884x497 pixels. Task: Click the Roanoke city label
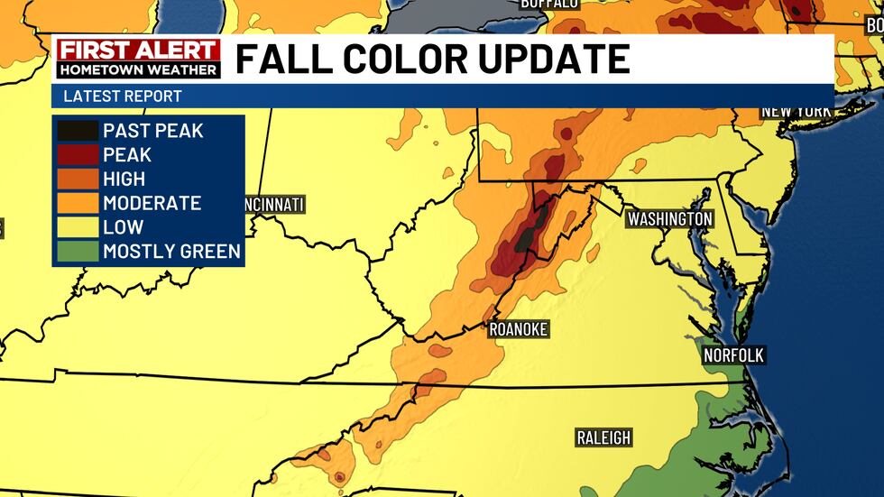(x=518, y=330)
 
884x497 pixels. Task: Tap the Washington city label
(x=670, y=219)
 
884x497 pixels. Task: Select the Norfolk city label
(x=734, y=355)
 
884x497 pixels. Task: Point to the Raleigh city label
(x=603, y=438)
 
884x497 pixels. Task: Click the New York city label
(x=795, y=111)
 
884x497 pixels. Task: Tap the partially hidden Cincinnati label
(x=274, y=205)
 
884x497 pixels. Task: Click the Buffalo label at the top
(x=548, y=5)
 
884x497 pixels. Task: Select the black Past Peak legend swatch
(x=78, y=131)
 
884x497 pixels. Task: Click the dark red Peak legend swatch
(x=78, y=155)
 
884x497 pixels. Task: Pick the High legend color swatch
(x=78, y=179)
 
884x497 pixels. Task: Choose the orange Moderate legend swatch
(x=78, y=204)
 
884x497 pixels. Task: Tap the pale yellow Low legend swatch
(x=78, y=228)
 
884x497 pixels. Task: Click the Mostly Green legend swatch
(x=78, y=252)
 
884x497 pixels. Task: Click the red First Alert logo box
(x=138, y=51)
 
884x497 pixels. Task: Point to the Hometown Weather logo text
(x=138, y=69)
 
